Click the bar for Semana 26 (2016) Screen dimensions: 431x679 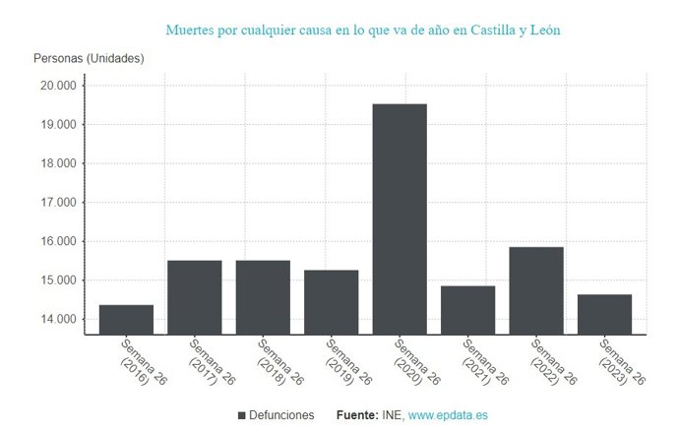pyautogui.click(x=126, y=320)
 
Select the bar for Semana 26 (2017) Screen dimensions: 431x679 pyautogui.click(x=194, y=297)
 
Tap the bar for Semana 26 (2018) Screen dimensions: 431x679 pyautogui.click(x=263, y=297)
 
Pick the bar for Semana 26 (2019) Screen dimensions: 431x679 pyautogui.click(x=331, y=302)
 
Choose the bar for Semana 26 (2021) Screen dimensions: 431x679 pyautogui.click(x=467, y=310)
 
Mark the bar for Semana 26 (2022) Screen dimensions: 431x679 pyautogui.click(x=536, y=290)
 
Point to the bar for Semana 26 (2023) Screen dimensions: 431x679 pyautogui.click(x=604, y=314)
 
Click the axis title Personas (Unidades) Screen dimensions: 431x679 pyautogui.click(x=89, y=59)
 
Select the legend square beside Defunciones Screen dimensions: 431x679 pyautogui.click(x=242, y=416)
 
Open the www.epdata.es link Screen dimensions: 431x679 pyautogui.click(x=448, y=416)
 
